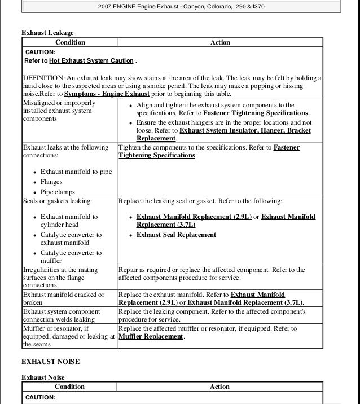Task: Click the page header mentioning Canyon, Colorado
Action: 181,7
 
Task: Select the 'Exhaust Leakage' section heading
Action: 47,33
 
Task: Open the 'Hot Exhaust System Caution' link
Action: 91,61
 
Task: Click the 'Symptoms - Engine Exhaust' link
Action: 107,94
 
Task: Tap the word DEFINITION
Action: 43,78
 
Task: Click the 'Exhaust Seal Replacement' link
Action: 176,235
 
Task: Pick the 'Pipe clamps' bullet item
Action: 58,192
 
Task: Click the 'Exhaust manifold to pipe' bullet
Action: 76,172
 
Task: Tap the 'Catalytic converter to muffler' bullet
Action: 71,257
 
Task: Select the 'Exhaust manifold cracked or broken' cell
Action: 63,298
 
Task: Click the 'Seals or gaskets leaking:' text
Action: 57,201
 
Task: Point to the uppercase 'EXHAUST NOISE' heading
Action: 50,361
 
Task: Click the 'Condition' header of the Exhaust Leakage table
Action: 70,42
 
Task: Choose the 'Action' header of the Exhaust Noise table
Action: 219,387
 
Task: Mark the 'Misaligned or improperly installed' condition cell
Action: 59,111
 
